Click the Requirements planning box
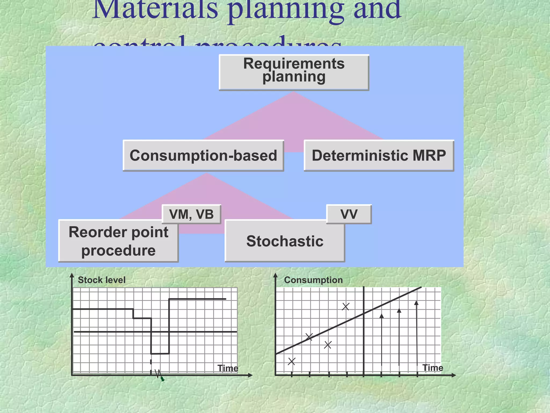point(294,72)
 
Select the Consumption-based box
point(203,155)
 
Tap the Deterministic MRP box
point(379,155)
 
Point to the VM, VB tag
point(191,214)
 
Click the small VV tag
point(349,214)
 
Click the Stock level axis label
point(102,280)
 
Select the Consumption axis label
point(313,280)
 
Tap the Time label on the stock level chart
point(228,368)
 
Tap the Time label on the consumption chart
point(433,368)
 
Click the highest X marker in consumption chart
point(346,306)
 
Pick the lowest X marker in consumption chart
point(292,361)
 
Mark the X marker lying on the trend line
point(309,337)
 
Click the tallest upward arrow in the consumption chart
point(417,333)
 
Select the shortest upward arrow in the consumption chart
point(382,340)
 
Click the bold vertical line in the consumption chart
point(364,331)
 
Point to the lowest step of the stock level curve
point(160,354)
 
